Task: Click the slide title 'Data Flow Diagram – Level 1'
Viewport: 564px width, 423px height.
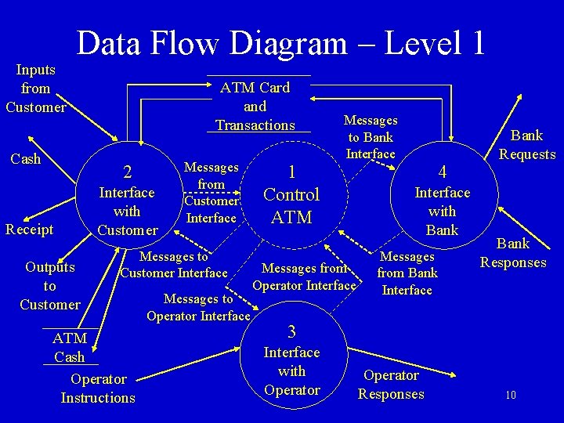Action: coord(280,42)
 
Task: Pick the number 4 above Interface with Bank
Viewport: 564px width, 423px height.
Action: coord(442,172)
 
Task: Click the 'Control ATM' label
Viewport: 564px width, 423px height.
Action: coord(291,205)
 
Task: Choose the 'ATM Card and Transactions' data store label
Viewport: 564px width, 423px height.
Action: coord(255,107)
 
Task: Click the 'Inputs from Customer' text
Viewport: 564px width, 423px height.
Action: coord(35,89)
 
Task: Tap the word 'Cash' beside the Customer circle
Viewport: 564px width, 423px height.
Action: coord(25,159)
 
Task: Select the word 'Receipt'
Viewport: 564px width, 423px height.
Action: coord(30,229)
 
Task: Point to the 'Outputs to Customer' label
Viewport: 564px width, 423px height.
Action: coord(50,285)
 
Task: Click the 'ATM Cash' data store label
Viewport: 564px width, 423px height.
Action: coord(69,348)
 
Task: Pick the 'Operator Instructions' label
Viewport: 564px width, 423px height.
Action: coord(98,389)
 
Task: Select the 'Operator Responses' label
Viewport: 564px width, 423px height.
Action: coord(391,385)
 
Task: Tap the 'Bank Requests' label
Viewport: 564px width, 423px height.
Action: coord(527,145)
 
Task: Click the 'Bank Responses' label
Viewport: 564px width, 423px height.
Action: coord(513,253)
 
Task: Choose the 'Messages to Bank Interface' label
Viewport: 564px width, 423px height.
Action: coord(371,137)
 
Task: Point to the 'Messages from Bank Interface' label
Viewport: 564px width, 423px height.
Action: coord(407,273)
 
